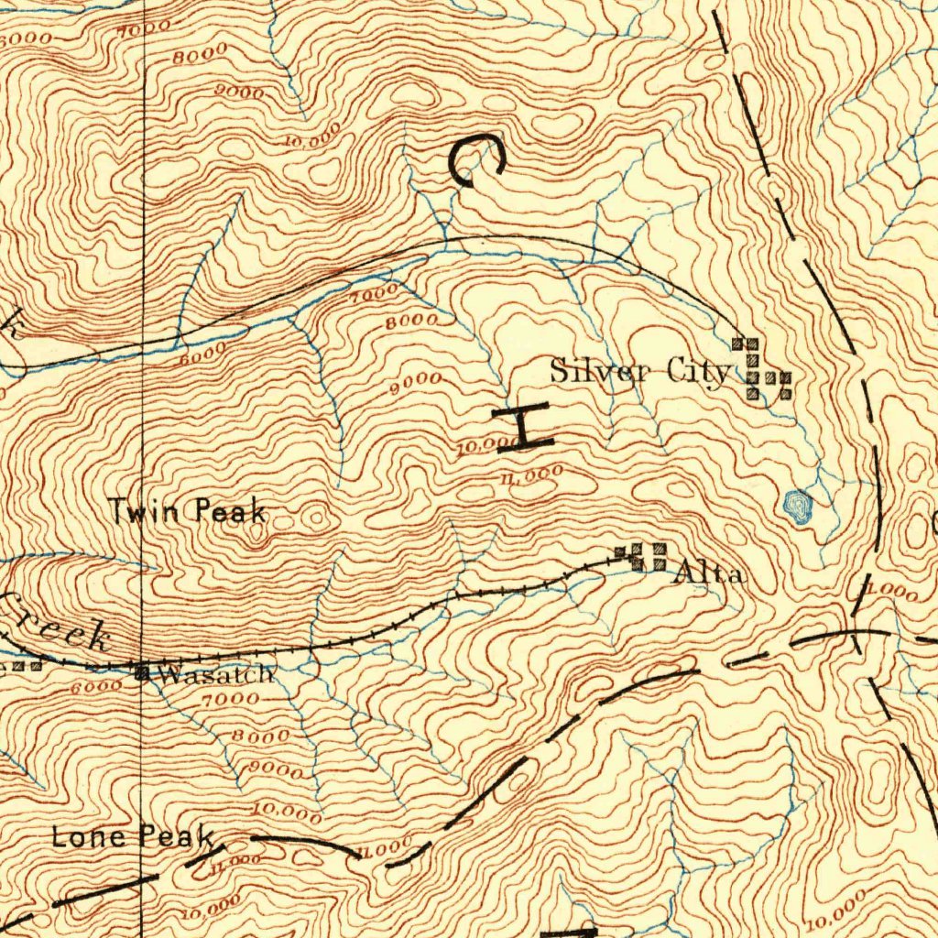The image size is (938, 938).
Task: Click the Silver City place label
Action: click(x=639, y=371)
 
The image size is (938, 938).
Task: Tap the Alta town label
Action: click(x=709, y=574)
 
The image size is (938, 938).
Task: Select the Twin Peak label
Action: click(x=188, y=511)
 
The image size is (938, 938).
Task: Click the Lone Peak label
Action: click(x=132, y=835)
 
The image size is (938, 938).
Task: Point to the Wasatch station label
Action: click(x=214, y=675)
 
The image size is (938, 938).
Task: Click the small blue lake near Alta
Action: click(x=798, y=506)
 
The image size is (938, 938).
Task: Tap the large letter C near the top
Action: click(x=476, y=159)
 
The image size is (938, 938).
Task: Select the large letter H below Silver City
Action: click(x=522, y=425)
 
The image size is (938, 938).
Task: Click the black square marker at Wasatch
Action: click(x=142, y=673)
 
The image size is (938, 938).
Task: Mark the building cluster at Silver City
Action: click(x=761, y=370)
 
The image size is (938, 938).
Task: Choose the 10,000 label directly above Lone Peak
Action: click(x=287, y=812)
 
